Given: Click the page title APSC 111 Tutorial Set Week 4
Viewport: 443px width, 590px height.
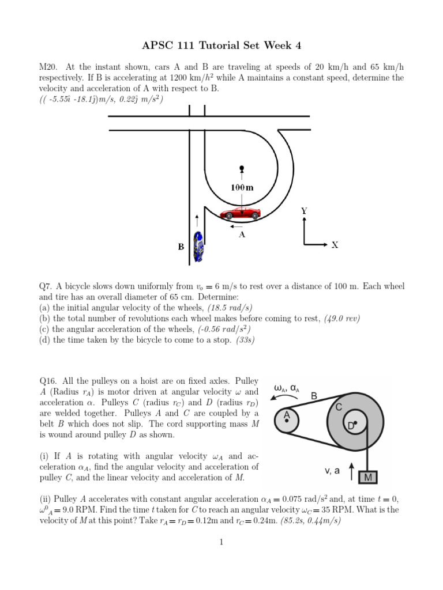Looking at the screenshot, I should click(x=221, y=46).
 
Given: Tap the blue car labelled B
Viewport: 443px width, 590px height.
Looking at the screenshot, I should click(x=199, y=247).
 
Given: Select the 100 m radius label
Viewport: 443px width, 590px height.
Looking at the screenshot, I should click(x=242, y=187).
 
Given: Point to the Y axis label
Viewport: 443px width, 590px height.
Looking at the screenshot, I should click(x=303, y=211).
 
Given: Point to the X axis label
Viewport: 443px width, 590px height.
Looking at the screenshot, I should click(x=335, y=245).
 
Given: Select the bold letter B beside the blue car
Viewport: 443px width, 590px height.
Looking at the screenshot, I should click(x=181, y=247).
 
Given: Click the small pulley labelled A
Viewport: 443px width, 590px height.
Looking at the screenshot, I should click(x=286, y=421).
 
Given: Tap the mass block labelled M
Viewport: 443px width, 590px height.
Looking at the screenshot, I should click(x=367, y=477).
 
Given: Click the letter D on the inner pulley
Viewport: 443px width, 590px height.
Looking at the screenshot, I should click(x=350, y=426).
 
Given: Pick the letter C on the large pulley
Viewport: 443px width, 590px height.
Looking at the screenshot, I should click(x=339, y=407).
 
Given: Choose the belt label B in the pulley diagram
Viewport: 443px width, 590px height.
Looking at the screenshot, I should click(x=314, y=396).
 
